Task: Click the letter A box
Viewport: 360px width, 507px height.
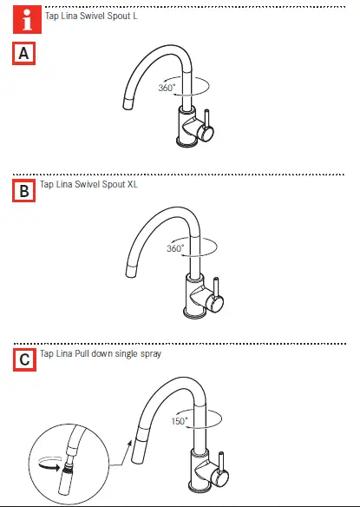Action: [24, 55]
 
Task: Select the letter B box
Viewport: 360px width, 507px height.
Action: [24, 190]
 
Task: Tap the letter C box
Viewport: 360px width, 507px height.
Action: [24, 359]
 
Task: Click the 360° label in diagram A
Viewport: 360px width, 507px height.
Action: [167, 88]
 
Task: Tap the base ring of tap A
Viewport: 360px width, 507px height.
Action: [187, 143]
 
